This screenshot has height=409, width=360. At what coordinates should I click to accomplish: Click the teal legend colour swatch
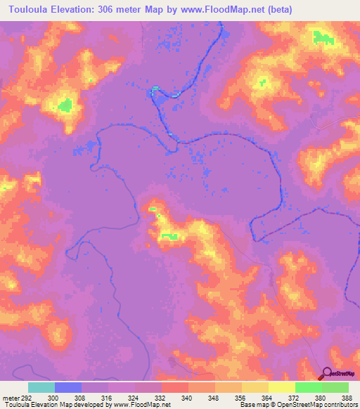click(x=41, y=387)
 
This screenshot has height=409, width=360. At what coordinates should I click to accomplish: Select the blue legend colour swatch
click(x=67, y=387)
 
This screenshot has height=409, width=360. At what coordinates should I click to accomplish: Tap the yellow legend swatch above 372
click(x=281, y=387)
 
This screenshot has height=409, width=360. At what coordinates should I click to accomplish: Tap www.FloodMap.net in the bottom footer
click(x=145, y=405)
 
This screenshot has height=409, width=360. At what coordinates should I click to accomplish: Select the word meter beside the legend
click(x=9, y=397)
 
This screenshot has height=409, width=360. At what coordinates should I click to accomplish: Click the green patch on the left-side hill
click(x=65, y=105)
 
